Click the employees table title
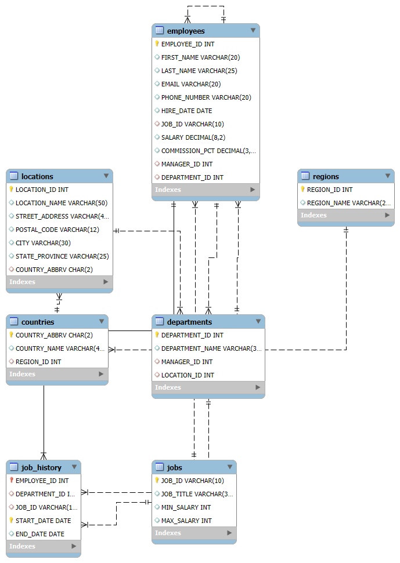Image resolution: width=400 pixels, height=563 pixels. tap(186, 31)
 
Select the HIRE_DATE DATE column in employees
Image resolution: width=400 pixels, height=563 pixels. tap(186, 111)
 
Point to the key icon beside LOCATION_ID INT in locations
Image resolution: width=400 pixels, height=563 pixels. tap(11, 189)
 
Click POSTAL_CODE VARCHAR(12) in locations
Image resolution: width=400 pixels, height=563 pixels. tap(57, 230)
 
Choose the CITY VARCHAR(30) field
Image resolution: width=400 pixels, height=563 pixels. tap(43, 243)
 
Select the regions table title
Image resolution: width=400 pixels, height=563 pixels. tap(326, 176)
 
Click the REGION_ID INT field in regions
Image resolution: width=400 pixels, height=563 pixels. tap(330, 190)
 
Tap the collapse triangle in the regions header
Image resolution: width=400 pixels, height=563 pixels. tap(388, 176)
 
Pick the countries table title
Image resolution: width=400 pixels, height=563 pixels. tap(38, 322)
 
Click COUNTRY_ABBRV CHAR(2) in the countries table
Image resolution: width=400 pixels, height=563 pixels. tap(54, 335)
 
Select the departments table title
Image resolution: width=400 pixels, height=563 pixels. tap(189, 322)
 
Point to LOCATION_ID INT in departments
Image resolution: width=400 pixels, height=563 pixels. tap(188, 375)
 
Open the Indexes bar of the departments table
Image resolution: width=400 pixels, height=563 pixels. tap(208, 387)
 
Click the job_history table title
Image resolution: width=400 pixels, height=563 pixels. tap(41, 467)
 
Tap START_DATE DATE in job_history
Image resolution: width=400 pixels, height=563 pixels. tap(43, 521)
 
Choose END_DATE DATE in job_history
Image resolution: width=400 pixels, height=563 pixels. tap(40, 534)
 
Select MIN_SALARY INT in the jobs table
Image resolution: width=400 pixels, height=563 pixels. tap(186, 507)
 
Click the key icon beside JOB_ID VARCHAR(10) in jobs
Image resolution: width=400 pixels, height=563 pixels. tap(157, 480)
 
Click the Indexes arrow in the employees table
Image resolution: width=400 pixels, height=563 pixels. tap(253, 189)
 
